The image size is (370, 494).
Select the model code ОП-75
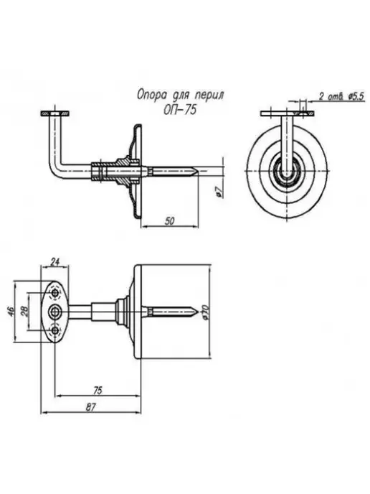(180, 110)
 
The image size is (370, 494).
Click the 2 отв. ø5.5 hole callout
(341, 96)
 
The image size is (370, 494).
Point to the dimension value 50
(169, 221)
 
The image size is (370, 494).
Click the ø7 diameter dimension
(221, 192)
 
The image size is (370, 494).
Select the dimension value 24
(54, 261)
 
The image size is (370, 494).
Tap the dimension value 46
(10, 312)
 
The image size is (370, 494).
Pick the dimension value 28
(24, 312)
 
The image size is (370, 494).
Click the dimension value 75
(98, 391)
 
